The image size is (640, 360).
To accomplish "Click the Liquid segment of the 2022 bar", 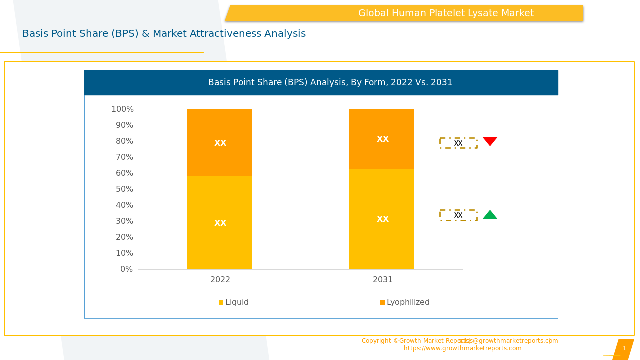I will (219, 223).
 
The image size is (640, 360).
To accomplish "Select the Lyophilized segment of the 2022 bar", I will (219, 143).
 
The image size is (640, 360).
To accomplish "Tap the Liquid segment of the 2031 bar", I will (382, 219).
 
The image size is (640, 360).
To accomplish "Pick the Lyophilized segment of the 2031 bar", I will (382, 139).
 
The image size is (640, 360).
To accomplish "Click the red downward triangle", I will (490, 141).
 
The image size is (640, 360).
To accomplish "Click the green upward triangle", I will (490, 215).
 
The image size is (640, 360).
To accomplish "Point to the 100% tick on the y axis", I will (122, 109).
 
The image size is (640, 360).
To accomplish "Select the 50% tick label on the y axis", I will (125, 189).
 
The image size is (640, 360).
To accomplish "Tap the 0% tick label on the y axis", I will (127, 269).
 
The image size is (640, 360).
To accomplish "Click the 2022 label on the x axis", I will (220, 280).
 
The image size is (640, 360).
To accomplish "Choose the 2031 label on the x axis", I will (383, 280).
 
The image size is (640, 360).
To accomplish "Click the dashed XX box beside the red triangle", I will (458, 143).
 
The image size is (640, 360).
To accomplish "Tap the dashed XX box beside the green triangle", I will (458, 215).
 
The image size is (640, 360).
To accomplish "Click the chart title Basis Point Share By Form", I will (330, 83).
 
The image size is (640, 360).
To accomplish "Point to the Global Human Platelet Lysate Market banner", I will (446, 13).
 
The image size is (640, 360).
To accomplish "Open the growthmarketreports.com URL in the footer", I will (462, 348).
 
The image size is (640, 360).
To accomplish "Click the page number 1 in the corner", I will (624, 348).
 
